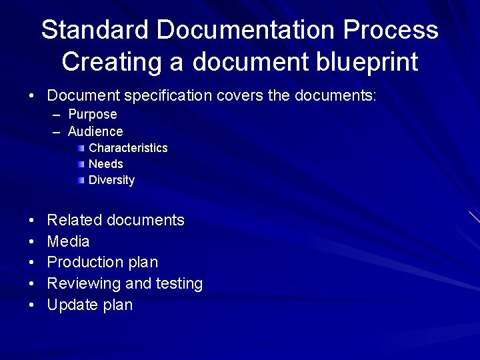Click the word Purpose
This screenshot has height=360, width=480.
(x=93, y=115)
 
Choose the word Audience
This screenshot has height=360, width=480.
(x=95, y=131)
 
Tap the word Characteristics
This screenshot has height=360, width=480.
(x=128, y=148)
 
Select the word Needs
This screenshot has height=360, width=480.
(x=106, y=164)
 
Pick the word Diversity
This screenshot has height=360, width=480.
(x=111, y=180)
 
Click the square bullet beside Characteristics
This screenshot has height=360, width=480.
(x=81, y=148)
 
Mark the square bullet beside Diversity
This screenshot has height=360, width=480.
(x=81, y=180)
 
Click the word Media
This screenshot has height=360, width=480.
(x=68, y=241)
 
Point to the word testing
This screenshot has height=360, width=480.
(x=179, y=284)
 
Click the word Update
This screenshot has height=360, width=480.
(x=73, y=305)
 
